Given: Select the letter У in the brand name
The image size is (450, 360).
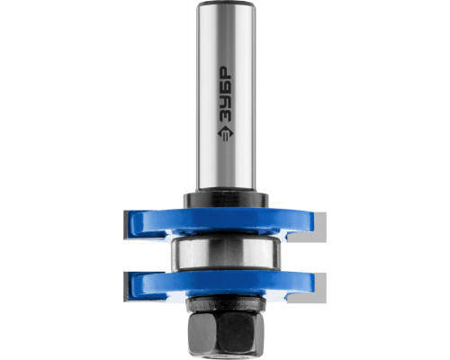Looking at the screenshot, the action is click(226, 103).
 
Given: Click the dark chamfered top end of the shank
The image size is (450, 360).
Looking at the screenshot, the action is click(226, 4).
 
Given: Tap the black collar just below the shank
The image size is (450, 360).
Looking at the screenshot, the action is click(226, 200).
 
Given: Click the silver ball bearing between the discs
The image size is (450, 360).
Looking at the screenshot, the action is click(227, 253).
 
